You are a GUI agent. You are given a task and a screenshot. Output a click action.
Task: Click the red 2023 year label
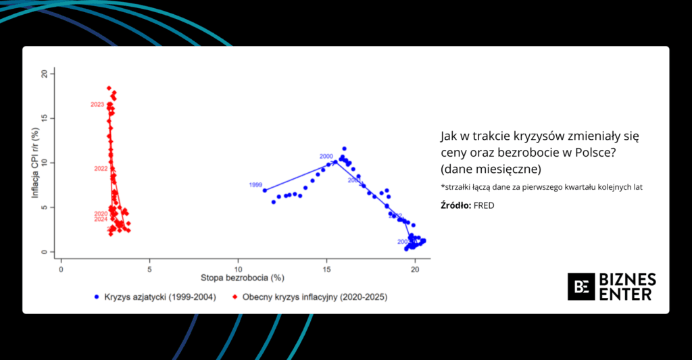[x=97, y=105]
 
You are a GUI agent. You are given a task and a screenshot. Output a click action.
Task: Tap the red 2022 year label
[x=101, y=168]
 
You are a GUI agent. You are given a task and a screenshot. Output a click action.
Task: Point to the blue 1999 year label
[x=255, y=184]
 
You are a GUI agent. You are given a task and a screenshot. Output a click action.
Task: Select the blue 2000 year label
[x=326, y=156]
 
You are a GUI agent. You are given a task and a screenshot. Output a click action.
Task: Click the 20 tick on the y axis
[x=45, y=73]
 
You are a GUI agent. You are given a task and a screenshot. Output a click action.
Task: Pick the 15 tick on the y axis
[x=45, y=118]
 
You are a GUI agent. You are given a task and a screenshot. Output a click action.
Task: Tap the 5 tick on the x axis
[x=149, y=268]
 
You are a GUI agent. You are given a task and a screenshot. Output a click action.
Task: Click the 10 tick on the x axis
[x=238, y=268]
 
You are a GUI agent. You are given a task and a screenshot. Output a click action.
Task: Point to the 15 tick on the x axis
[x=326, y=268]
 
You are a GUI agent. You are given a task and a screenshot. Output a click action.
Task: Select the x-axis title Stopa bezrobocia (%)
[x=242, y=278]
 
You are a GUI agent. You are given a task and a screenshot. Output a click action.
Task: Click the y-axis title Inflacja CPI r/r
[x=34, y=162]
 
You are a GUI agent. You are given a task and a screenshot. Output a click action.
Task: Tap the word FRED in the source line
[x=485, y=205]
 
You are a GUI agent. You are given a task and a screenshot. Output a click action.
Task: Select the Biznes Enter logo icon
[x=580, y=286]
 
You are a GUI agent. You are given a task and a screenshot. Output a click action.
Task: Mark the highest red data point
[x=109, y=88]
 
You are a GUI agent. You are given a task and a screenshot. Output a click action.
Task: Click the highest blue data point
[x=344, y=149]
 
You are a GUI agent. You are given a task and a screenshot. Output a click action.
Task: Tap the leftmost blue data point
[x=265, y=190]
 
